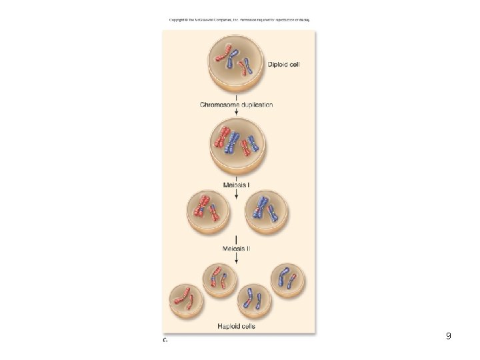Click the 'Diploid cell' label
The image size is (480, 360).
(x=287, y=65)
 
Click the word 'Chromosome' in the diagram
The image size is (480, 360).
(x=219, y=105)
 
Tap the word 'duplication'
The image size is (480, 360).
(x=256, y=105)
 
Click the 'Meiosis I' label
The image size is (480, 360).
(x=236, y=184)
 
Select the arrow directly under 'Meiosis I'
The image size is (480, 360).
(x=236, y=194)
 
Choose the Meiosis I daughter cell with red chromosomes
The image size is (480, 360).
(x=208, y=213)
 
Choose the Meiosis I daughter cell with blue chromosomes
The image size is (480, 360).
(x=267, y=213)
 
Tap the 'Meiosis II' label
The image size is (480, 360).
(x=236, y=249)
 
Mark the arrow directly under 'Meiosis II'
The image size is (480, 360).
(x=236, y=260)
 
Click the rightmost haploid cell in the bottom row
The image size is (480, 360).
(x=287, y=280)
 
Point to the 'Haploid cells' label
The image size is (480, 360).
(x=236, y=327)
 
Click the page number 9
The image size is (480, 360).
(x=449, y=337)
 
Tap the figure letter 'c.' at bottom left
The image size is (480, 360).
(x=165, y=339)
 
